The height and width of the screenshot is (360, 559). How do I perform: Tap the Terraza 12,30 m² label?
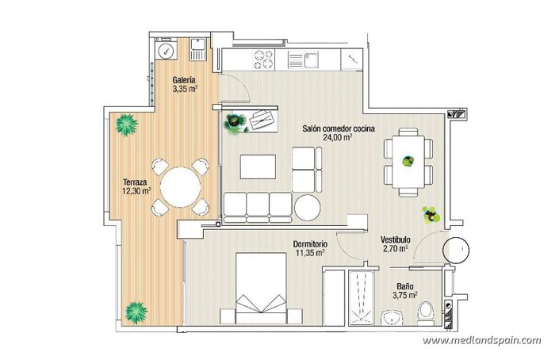[x=136, y=186]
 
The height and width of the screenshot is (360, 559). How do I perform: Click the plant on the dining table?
[x=408, y=160]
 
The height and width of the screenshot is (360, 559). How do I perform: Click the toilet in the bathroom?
[x=425, y=309]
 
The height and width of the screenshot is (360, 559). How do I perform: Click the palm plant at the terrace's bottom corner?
[x=136, y=308]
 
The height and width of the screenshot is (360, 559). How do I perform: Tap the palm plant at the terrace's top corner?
[x=125, y=124]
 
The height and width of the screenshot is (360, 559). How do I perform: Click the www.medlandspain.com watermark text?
[x=481, y=340]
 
